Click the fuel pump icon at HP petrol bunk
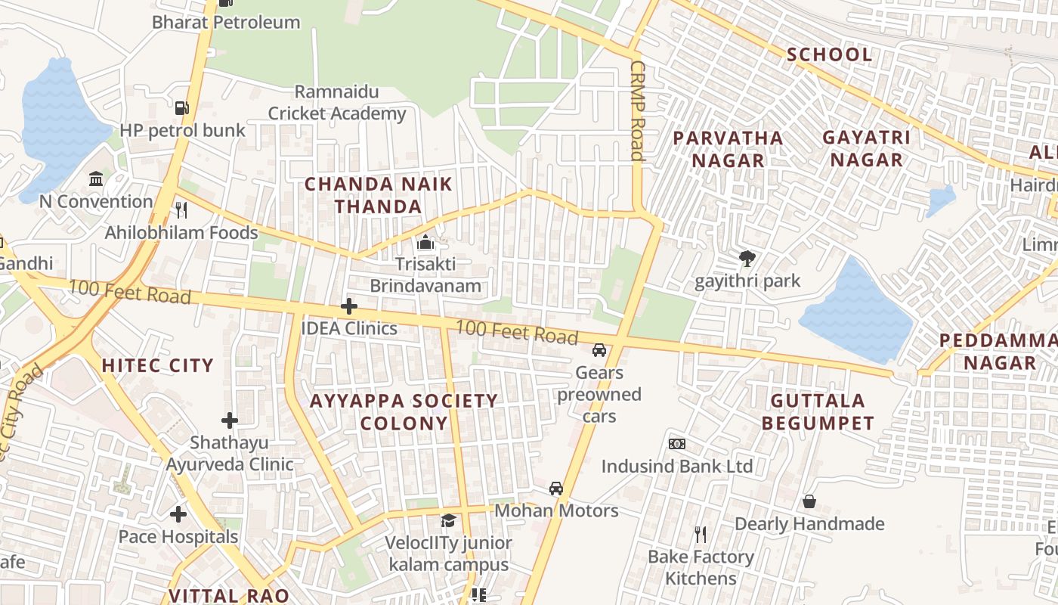tap(181, 108)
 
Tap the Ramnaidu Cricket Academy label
tap(337, 103)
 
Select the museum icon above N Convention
tap(96, 179)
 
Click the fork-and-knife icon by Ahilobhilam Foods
tap(181, 209)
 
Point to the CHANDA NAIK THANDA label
tap(378, 195)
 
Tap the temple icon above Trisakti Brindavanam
tap(425, 243)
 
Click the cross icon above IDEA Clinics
tap(348, 306)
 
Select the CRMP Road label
tap(637, 110)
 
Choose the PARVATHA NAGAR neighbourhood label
tap(728, 149)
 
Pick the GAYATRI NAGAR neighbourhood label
tap(866, 148)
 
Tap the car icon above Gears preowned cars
tap(599, 350)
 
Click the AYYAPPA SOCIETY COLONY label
tap(404, 411)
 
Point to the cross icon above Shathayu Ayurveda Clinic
tap(230, 420)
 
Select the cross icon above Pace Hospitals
tap(178, 515)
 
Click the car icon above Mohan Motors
tap(556, 489)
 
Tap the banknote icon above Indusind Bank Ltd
tap(676, 444)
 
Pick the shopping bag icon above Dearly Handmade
tap(809, 501)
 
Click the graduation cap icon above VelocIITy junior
tap(448, 521)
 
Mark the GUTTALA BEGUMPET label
tap(818, 411)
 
